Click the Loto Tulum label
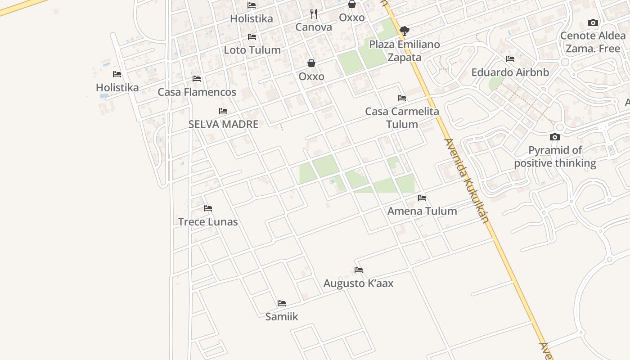click(x=252, y=50)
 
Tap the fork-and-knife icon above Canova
click(x=314, y=14)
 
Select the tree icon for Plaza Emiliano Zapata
click(x=404, y=31)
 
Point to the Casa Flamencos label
click(x=197, y=92)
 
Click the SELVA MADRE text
click(x=223, y=124)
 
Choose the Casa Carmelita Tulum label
click(x=402, y=118)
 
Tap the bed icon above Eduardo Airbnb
click(x=510, y=59)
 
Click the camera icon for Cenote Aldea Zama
click(x=593, y=23)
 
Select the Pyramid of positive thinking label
click(x=555, y=157)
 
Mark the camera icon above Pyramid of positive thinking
click(x=555, y=137)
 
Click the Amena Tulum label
click(x=422, y=211)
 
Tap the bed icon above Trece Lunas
click(x=207, y=208)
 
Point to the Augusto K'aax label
click(x=358, y=283)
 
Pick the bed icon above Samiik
click(x=282, y=303)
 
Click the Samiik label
click(x=282, y=317)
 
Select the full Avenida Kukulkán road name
click(x=466, y=180)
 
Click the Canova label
click(x=314, y=27)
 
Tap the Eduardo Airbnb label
click(x=510, y=72)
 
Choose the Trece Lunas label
click(x=207, y=222)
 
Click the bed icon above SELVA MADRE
click(x=223, y=111)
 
